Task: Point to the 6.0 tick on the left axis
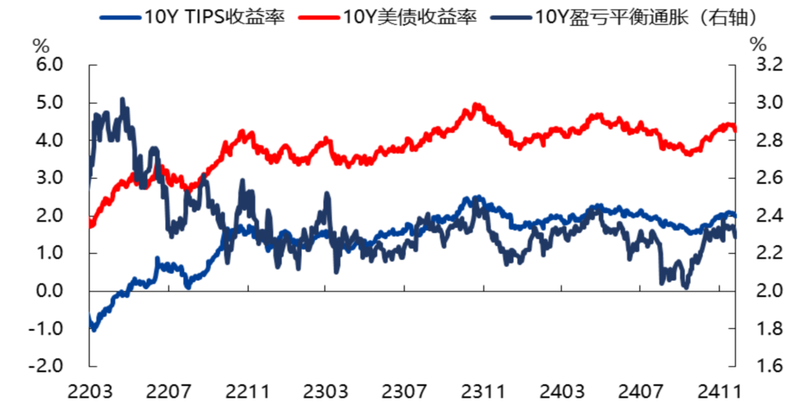(49, 64)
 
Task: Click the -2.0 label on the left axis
(46, 366)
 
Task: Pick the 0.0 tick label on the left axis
(49, 291)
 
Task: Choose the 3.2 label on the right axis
(769, 64)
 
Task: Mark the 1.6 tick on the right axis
(769, 366)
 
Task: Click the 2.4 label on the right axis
(769, 216)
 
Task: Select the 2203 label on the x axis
(90, 392)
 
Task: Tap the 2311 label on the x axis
(483, 392)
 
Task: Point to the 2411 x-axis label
(719, 392)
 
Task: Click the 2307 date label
(404, 392)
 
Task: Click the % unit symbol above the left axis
(41, 46)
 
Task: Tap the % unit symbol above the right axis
(758, 45)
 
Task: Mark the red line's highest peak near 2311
(476, 105)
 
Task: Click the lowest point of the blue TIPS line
(94, 329)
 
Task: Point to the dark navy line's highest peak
(122, 99)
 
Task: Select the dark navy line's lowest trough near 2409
(686, 287)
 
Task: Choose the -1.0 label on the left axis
(46, 328)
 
